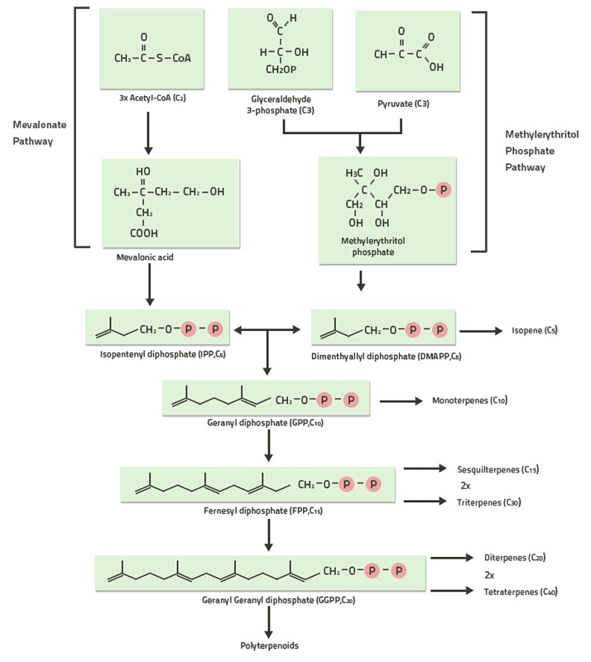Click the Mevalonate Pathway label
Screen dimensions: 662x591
(x=39, y=132)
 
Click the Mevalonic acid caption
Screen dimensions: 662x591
(x=145, y=257)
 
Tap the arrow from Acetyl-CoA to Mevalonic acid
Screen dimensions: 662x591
(x=148, y=133)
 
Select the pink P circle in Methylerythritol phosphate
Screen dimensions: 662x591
(x=444, y=190)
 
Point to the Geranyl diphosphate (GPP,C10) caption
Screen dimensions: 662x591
(x=266, y=422)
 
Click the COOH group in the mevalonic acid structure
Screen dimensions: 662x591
(x=143, y=233)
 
